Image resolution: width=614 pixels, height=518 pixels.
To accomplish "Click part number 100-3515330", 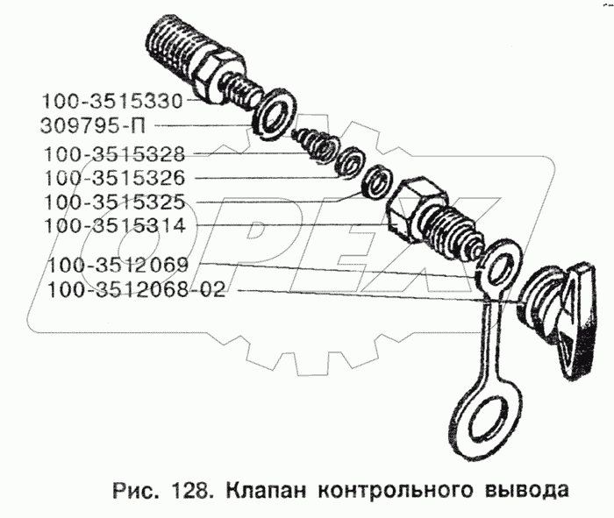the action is point(109,101).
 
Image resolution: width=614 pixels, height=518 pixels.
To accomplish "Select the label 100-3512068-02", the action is point(136,289).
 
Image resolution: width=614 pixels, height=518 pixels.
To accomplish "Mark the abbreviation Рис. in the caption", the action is point(134,487).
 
